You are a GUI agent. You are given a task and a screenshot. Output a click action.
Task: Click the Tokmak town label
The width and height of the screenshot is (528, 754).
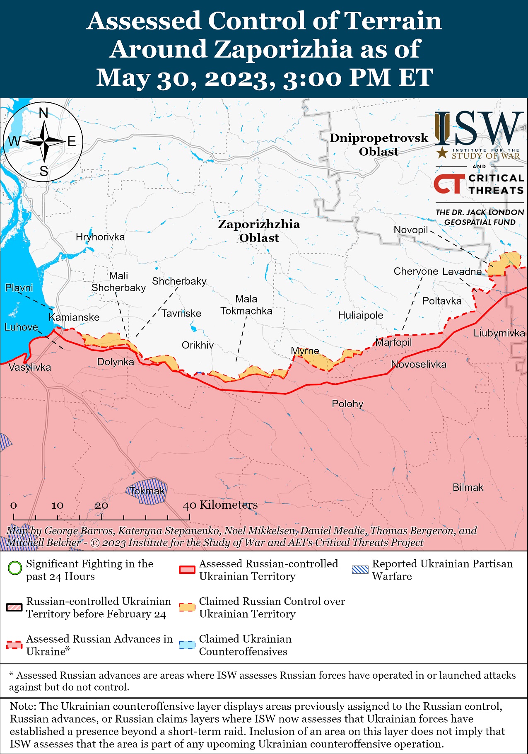point(147,491)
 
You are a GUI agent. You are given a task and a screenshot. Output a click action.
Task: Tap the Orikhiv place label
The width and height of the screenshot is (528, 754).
point(198,345)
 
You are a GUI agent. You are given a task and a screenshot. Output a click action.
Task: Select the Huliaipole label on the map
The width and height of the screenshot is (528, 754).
point(360,315)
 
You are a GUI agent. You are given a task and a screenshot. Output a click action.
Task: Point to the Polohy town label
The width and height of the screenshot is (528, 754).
point(347,404)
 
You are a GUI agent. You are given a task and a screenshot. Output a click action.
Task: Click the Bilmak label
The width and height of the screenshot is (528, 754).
point(468,487)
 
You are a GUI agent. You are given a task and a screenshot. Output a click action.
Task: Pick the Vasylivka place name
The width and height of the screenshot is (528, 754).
point(29,367)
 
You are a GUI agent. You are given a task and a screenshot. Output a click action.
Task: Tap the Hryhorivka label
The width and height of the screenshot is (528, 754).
point(100,237)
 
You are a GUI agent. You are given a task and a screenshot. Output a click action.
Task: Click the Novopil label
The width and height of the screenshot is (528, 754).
point(410,230)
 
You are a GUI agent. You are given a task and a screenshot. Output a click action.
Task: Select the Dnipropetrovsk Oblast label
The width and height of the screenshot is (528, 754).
point(379,145)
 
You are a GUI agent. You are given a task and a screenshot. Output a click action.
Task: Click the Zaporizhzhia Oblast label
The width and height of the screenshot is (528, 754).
point(259,231)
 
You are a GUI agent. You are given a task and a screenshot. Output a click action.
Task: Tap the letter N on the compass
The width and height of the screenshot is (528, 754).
point(43,113)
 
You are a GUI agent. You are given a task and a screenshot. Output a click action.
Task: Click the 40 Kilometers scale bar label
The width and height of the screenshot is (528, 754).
point(220,505)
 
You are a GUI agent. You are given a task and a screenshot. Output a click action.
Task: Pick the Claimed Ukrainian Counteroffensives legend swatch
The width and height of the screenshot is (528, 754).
point(187,645)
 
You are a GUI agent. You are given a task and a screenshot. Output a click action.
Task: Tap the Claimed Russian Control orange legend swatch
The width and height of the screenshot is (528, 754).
point(187,607)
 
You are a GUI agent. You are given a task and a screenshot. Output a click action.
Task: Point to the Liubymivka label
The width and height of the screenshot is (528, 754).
point(499,333)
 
